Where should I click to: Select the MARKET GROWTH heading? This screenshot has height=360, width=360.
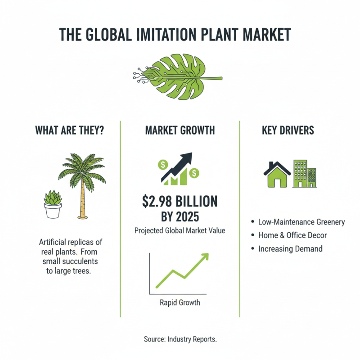click(x=180, y=130)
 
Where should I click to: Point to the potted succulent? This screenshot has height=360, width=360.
click(x=53, y=205)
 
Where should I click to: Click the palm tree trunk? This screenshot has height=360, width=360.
click(x=82, y=198)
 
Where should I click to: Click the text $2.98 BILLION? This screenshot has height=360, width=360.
click(x=180, y=200)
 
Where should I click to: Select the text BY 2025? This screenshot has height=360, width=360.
click(x=180, y=217)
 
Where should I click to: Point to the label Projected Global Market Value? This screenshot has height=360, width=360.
click(x=180, y=231)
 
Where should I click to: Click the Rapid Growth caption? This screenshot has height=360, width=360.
click(x=180, y=302)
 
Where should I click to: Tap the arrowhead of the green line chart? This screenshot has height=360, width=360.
click(x=205, y=256)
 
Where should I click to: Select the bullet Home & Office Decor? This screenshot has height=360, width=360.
click(x=292, y=235)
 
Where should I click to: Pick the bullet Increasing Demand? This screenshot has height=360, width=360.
click(x=290, y=248)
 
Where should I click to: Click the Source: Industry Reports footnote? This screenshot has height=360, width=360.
click(x=180, y=339)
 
